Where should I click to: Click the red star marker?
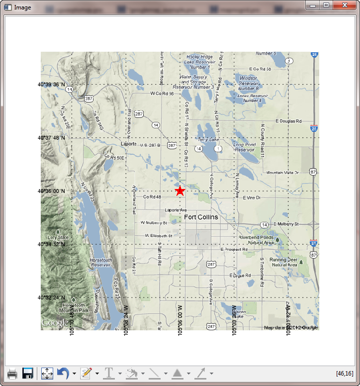point(180,191)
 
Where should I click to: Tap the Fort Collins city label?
point(201,217)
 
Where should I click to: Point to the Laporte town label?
point(128,144)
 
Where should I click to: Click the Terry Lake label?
point(208,140)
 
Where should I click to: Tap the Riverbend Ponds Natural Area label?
point(256,240)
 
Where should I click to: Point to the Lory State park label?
point(58,240)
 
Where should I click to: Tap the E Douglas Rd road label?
point(288,121)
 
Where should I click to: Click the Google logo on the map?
point(55,323)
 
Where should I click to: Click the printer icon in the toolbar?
point(12,373)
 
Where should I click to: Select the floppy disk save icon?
point(28,373)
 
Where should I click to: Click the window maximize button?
point(326,5)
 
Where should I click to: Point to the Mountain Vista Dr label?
point(282,173)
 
